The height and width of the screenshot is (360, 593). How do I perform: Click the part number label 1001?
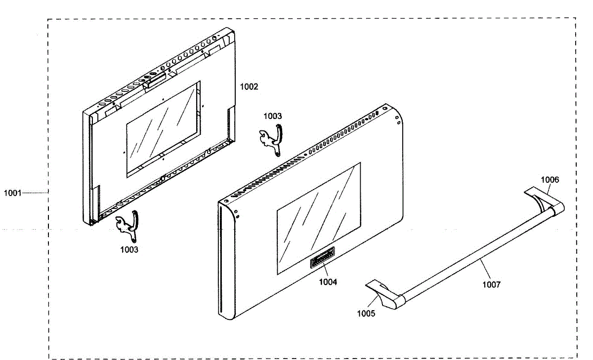point(12,193)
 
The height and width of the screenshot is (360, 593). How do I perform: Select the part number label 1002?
point(249,87)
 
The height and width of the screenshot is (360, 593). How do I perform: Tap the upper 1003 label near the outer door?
point(272,116)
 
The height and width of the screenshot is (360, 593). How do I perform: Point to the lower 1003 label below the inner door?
point(129,250)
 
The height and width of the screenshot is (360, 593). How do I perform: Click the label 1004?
point(328,282)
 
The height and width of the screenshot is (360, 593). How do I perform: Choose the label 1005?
point(366,313)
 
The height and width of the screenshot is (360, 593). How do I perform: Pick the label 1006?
point(550,180)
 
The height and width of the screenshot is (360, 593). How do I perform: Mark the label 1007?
point(491,284)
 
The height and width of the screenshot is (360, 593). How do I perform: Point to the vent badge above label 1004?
point(322,258)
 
